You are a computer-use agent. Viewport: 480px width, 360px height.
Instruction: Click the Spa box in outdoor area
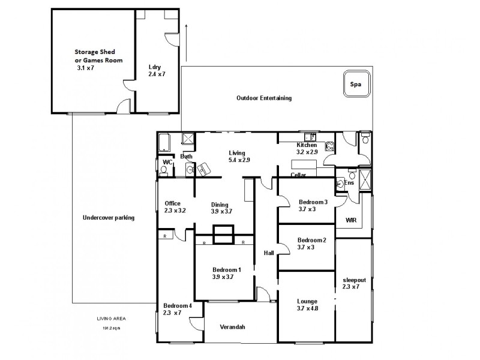pos(356,85)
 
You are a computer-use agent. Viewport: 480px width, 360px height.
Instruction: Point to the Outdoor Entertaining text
pos(263,98)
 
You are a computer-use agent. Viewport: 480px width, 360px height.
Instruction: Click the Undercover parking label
pos(108,218)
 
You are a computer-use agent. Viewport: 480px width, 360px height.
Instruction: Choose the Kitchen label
pos(307,145)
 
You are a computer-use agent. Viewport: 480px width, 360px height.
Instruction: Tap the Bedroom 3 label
pos(313,202)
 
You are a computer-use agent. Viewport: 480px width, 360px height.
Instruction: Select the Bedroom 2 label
pos(312,241)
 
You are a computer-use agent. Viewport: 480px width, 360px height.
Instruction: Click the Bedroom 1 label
pos(226,270)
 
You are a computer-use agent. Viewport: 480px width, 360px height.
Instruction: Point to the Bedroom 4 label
pos(178,305)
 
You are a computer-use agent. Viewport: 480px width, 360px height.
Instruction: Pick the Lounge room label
pos(307,301)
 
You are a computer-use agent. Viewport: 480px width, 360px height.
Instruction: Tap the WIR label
pos(351,221)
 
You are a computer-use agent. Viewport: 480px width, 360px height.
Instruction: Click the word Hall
pos(269,253)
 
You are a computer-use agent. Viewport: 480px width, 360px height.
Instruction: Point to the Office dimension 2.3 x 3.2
pos(175,211)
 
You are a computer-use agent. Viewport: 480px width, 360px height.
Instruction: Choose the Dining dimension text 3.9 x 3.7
pos(221,211)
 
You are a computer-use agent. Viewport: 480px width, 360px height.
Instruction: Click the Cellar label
pos(298,175)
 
